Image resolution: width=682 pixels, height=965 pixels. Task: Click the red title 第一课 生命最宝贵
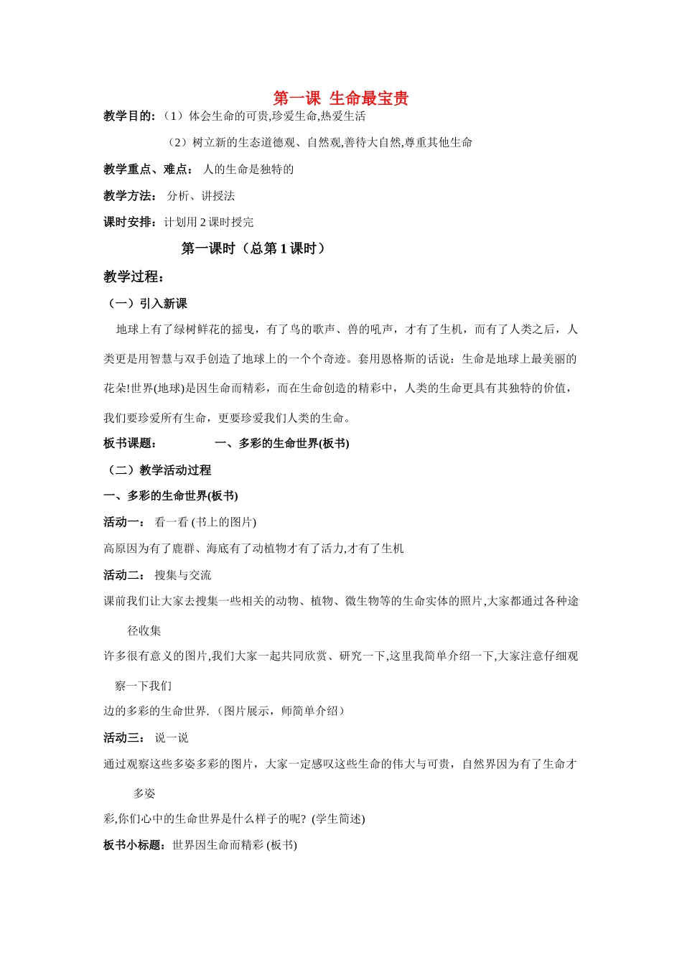click(x=341, y=98)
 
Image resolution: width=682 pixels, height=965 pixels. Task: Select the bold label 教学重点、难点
click(x=146, y=169)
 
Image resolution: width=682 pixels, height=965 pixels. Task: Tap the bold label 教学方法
click(x=129, y=196)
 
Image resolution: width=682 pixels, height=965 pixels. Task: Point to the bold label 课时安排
click(x=129, y=223)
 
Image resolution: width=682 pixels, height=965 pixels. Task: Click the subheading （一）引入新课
click(x=146, y=304)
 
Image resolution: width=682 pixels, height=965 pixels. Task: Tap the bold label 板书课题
click(x=129, y=444)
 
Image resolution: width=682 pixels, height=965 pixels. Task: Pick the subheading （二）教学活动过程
click(x=158, y=470)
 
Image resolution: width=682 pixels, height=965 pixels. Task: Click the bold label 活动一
click(x=123, y=522)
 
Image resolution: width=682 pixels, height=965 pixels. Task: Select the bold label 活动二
click(x=123, y=575)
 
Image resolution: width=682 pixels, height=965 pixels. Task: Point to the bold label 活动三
click(x=123, y=738)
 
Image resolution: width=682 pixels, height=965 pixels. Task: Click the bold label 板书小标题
click(x=135, y=845)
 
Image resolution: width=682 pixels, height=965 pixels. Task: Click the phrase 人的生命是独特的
click(x=248, y=169)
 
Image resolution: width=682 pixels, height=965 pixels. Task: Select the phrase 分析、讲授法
click(x=201, y=196)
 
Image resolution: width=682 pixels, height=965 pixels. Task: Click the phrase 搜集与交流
click(x=183, y=575)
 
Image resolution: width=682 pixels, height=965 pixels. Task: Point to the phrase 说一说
click(x=172, y=738)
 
